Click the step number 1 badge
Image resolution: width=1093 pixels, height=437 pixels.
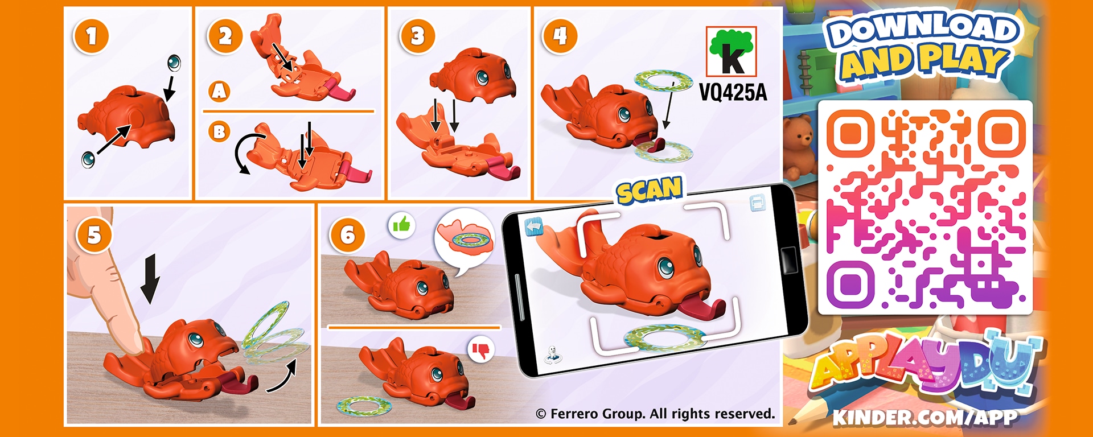(x=91, y=36)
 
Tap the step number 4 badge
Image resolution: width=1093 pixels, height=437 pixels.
(x=560, y=36)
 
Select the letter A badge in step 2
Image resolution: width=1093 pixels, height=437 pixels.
(x=220, y=91)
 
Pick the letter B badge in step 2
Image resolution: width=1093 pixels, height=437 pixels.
(x=219, y=132)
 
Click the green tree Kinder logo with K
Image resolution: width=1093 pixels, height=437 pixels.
(x=732, y=51)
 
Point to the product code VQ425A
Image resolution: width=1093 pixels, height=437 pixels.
(x=733, y=92)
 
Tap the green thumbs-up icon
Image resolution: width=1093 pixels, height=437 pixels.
(x=402, y=225)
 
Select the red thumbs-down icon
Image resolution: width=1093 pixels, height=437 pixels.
(x=481, y=351)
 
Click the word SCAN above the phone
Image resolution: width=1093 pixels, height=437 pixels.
(x=650, y=191)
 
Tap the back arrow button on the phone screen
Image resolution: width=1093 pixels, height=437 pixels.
(x=534, y=227)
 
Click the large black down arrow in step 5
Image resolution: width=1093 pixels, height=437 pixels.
(x=150, y=279)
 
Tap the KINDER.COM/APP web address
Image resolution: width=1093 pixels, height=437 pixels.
(x=924, y=417)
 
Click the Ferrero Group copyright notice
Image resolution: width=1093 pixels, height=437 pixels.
(x=655, y=414)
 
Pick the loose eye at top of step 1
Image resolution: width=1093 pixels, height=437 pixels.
(x=174, y=63)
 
